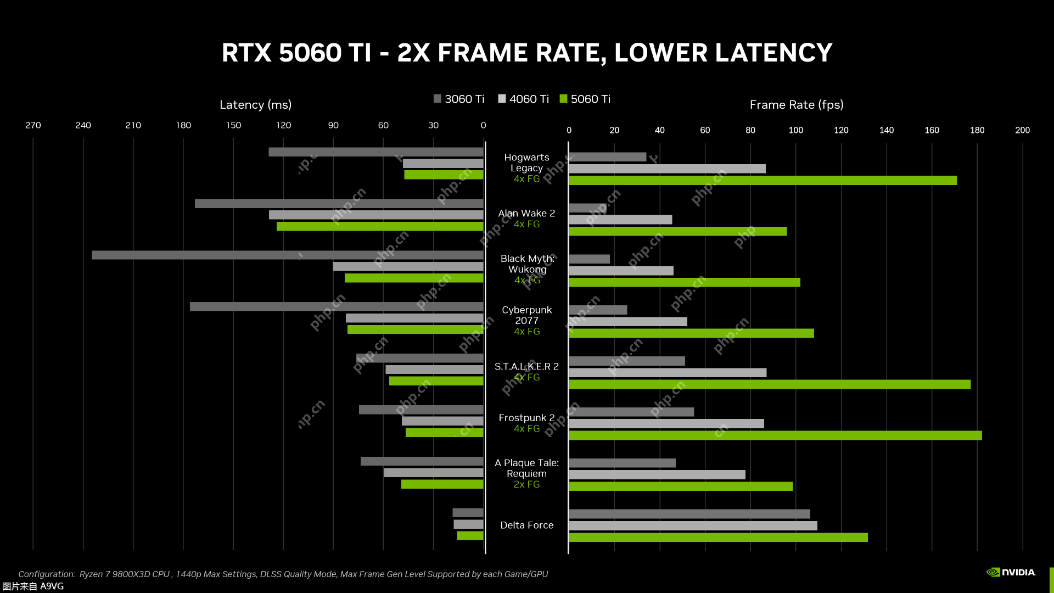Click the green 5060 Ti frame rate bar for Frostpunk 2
coord(775,435)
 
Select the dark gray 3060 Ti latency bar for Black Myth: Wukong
coord(287,255)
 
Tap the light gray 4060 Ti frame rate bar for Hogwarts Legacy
coord(667,169)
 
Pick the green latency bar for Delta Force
coord(470,535)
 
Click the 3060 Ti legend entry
coord(459,99)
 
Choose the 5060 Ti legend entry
coord(585,99)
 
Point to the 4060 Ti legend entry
coord(523,99)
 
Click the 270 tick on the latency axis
coord(33,125)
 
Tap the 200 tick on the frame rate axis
coord(1022,130)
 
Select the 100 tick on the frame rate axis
coord(795,130)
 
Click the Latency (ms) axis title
coord(255,104)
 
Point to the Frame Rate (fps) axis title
coord(796,104)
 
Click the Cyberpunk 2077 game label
coord(526,315)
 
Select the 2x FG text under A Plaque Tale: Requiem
coord(526,484)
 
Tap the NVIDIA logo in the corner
coord(1011,572)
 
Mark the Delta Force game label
coord(526,525)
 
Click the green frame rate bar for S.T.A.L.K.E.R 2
coord(770,384)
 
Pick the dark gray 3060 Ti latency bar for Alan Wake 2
coord(339,204)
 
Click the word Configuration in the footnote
coord(46,574)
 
